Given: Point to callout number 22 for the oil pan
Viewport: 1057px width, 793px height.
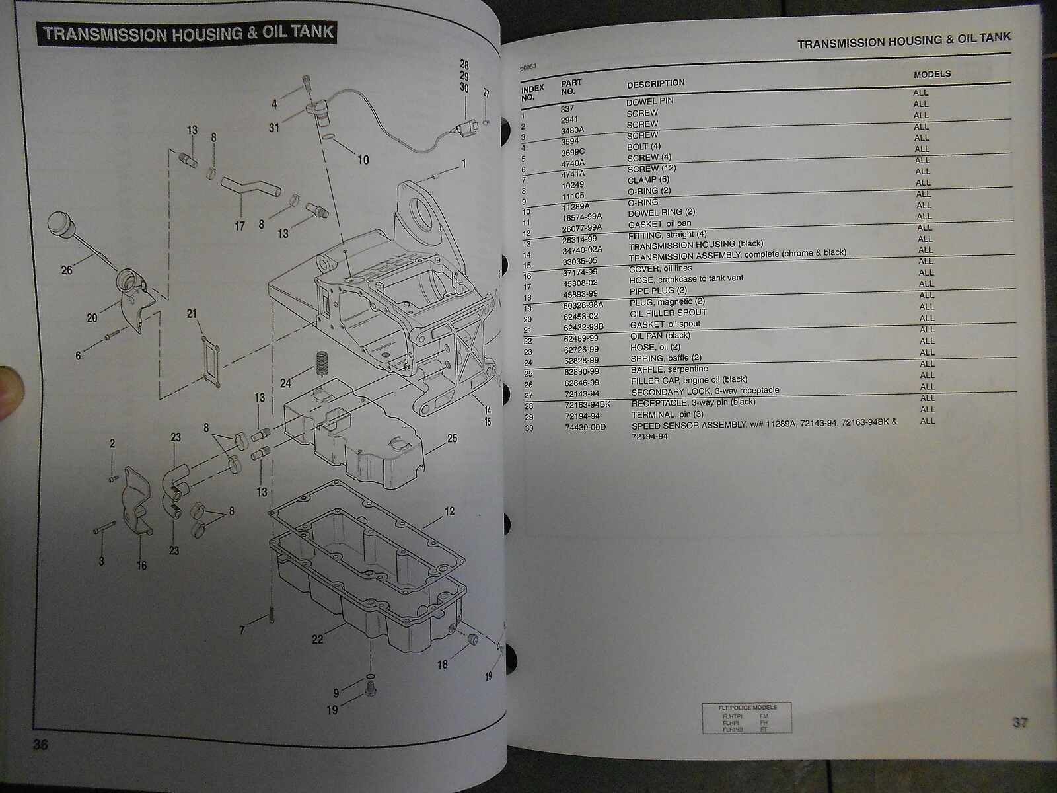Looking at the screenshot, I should (318, 639).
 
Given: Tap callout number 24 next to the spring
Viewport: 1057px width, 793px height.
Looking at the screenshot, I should (285, 383).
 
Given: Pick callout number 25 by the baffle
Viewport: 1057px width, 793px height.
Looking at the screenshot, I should (452, 437).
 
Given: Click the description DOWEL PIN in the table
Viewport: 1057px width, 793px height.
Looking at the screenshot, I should (650, 102).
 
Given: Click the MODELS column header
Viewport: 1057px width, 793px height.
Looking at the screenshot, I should (932, 74).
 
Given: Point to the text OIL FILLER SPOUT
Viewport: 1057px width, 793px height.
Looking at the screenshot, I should (668, 313).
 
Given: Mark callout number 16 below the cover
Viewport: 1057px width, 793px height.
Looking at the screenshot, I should (142, 566).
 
